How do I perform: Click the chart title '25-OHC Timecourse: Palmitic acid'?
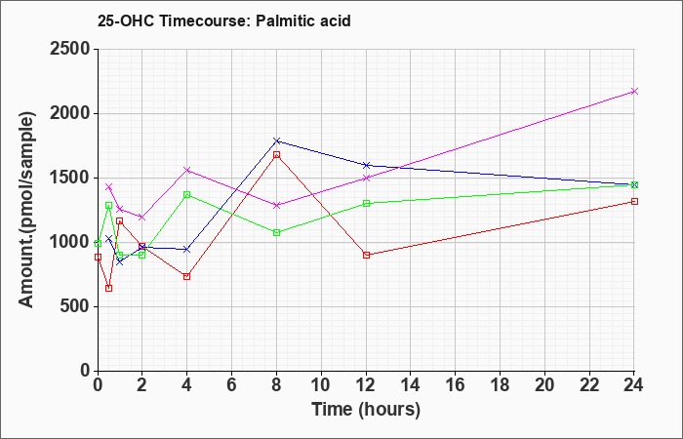pos(223,20)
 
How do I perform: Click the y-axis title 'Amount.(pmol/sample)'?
pos(26,210)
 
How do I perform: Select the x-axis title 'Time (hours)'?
pos(366,410)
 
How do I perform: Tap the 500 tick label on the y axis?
pos(74,306)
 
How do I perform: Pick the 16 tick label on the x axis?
pos(456,385)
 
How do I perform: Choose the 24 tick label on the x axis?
pos(634,385)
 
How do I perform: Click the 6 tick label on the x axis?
pos(232,385)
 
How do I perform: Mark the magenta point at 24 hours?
pos(634,91)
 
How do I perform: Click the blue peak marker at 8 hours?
pos(276,140)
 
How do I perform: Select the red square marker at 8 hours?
pos(276,154)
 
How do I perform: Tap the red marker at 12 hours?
pos(366,255)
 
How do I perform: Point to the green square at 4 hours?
pos(187,194)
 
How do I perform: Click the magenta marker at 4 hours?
pos(187,170)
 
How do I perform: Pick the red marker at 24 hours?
pos(634,201)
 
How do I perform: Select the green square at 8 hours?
pos(276,232)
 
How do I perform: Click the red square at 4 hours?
pos(187,276)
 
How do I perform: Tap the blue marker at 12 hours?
pos(366,165)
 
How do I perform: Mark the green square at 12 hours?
pos(366,203)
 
